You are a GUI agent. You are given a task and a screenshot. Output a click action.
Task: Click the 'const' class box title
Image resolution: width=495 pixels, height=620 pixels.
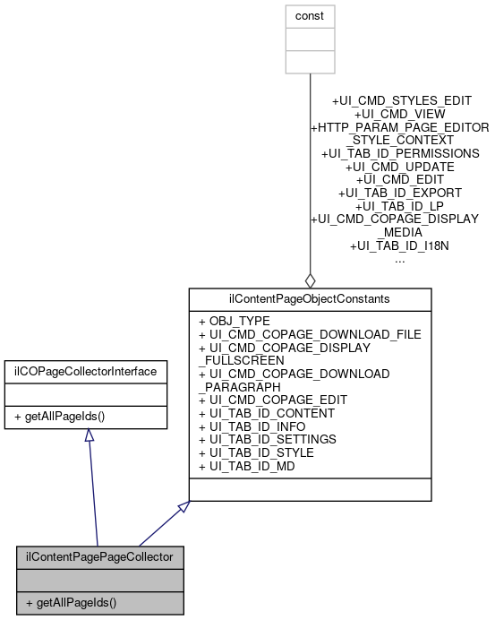click(x=310, y=16)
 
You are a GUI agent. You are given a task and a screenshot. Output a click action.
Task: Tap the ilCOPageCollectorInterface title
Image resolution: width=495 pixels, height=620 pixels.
click(x=85, y=370)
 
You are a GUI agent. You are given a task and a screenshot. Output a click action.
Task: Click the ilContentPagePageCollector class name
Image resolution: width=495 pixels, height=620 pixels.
click(x=99, y=556)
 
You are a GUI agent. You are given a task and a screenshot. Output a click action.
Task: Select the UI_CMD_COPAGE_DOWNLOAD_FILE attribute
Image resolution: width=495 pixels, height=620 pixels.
click(x=309, y=333)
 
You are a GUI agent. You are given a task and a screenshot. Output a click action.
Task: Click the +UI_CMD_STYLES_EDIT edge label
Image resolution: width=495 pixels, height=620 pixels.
click(x=401, y=101)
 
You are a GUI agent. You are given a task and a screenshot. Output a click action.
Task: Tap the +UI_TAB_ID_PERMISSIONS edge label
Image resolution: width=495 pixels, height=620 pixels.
click(x=399, y=154)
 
